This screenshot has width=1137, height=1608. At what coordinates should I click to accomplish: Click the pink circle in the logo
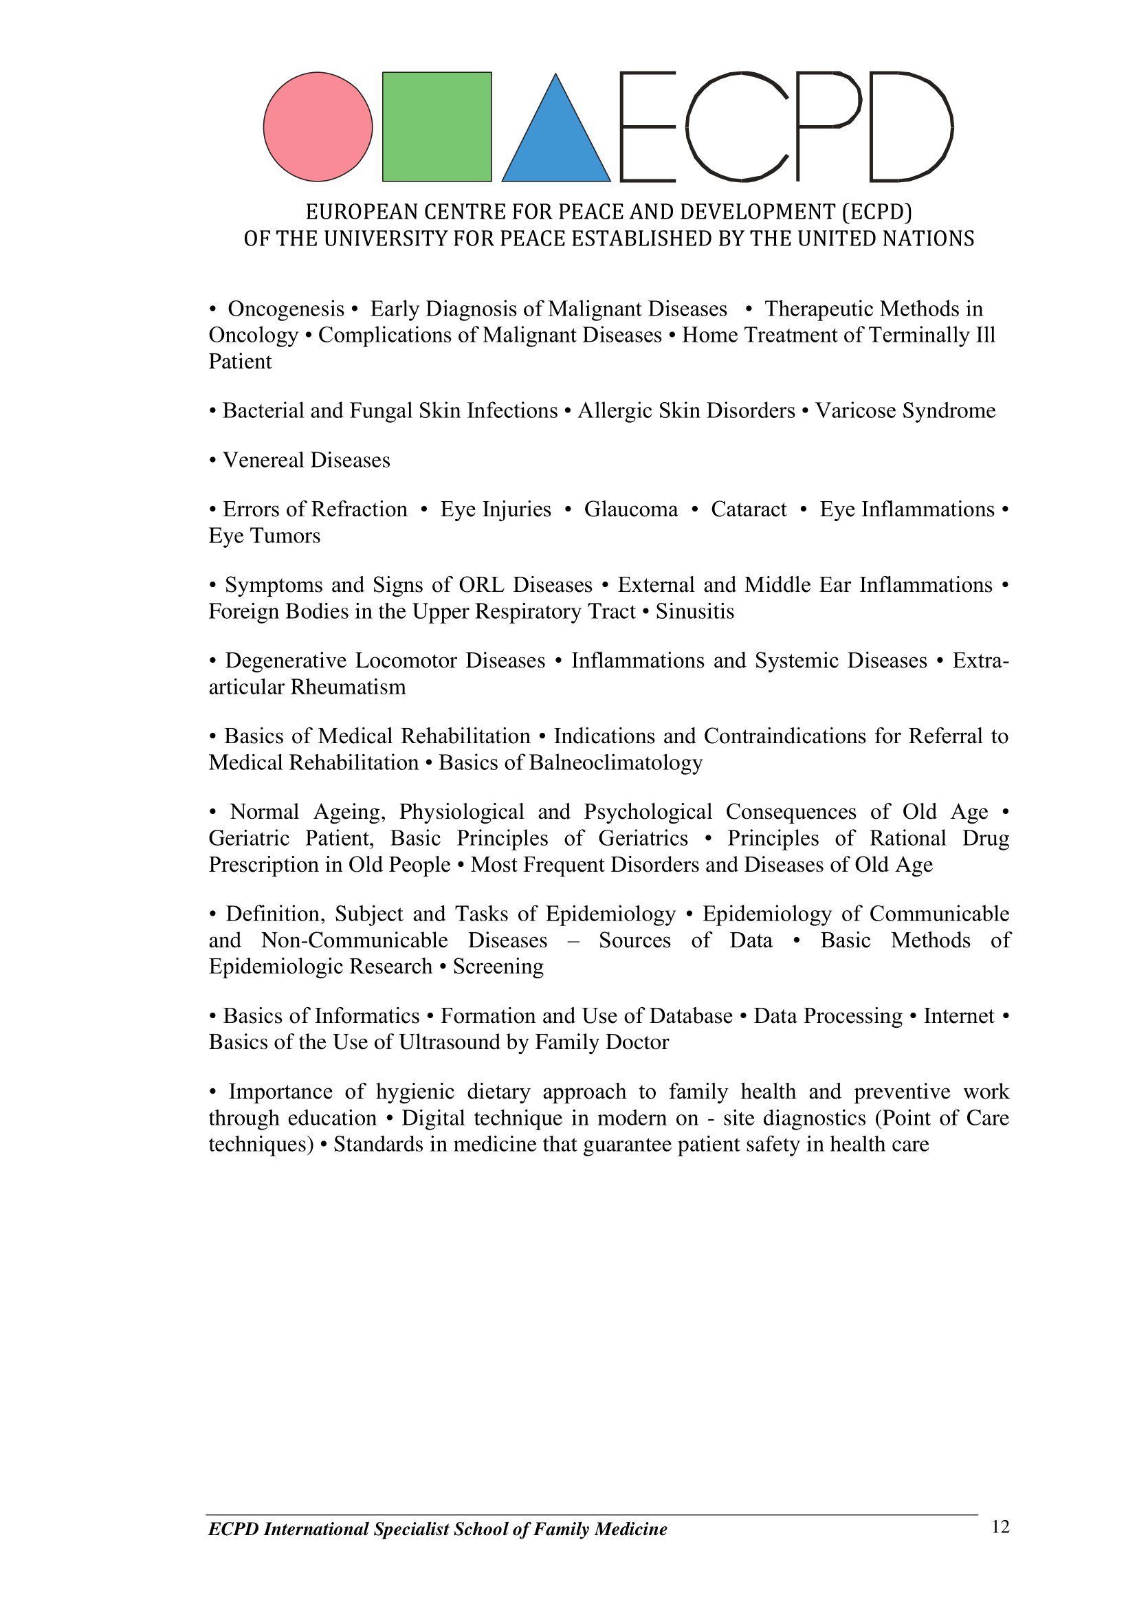(x=318, y=126)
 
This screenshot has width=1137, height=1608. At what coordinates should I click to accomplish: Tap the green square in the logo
(x=437, y=126)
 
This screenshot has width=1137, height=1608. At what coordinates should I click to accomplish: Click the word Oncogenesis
(x=286, y=309)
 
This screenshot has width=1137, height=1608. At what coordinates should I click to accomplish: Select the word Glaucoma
(x=631, y=509)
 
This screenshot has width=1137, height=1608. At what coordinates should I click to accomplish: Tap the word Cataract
(x=749, y=509)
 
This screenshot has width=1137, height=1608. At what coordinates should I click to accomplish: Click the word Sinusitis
(x=694, y=611)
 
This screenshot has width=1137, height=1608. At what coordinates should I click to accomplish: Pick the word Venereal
(x=263, y=460)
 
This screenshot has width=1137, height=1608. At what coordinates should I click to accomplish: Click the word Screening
(x=498, y=967)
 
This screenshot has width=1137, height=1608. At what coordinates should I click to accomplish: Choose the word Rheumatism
(x=347, y=687)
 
